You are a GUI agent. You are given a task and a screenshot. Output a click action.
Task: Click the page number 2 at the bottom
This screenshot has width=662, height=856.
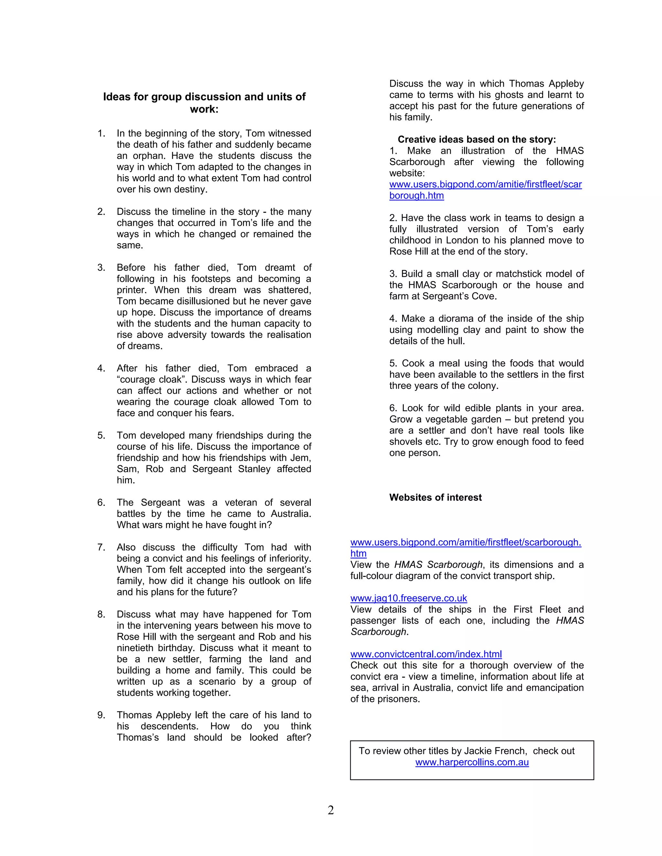coord(331,810)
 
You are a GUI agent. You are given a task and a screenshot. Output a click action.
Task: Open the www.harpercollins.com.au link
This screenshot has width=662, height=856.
coord(472,762)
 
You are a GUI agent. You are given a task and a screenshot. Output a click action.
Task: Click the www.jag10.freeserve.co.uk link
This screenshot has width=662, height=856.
coord(408,598)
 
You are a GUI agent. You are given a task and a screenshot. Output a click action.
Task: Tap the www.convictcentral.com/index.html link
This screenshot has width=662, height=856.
coord(426,654)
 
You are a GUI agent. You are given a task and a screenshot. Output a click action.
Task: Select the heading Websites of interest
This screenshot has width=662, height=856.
coord(435,497)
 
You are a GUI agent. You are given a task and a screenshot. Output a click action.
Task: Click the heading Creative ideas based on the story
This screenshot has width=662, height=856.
coord(476,140)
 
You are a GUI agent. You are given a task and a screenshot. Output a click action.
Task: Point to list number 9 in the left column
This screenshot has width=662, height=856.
coord(101,715)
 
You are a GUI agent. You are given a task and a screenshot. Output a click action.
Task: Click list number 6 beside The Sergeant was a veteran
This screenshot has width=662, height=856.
coord(101,503)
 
